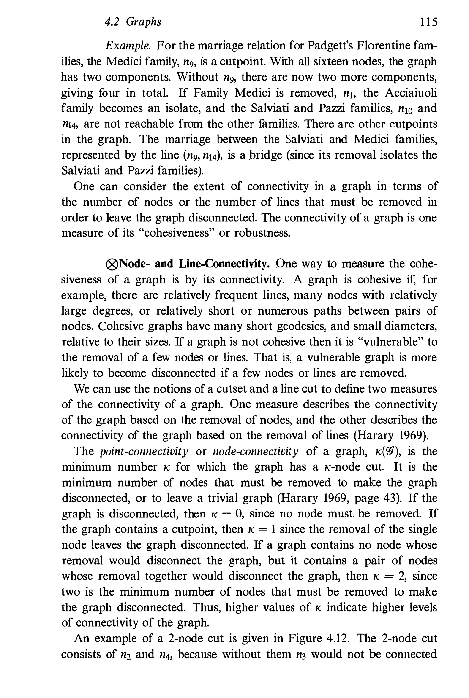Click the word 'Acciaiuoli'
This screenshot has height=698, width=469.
(411, 93)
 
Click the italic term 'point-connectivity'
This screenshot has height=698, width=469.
(144, 451)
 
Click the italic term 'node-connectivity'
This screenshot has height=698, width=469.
(255, 451)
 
